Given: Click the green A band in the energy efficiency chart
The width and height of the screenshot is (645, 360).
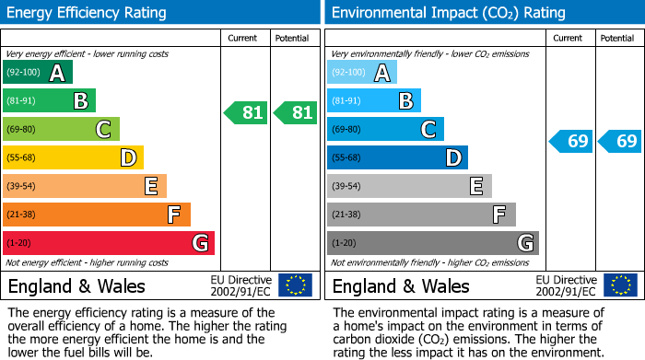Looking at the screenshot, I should (x=38, y=73).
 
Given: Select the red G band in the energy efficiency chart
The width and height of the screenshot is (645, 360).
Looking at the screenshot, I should (x=109, y=243).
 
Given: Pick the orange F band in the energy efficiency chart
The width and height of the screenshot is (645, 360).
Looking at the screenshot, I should (x=97, y=215).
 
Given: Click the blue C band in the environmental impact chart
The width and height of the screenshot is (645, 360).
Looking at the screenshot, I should (x=385, y=129).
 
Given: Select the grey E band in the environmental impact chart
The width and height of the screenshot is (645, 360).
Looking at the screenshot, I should (x=409, y=186).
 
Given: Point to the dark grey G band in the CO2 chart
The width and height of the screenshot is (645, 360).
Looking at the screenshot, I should (x=433, y=243).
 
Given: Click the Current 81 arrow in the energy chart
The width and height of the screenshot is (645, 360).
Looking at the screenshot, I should (x=246, y=113).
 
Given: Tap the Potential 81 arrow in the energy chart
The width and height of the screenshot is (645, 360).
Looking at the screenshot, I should (x=295, y=113).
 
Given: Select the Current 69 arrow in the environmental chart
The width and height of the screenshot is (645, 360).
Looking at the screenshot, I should (x=570, y=142).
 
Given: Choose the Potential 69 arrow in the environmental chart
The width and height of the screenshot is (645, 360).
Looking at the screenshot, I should (x=619, y=142).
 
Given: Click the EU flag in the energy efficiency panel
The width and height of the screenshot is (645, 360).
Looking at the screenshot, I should (x=295, y=285).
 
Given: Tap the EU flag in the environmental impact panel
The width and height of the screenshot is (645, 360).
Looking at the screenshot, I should (x=619, y=285).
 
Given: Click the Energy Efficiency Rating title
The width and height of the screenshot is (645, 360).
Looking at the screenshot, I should (x=88, y=13).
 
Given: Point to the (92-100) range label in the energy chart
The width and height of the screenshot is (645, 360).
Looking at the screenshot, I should (x=23, y=73).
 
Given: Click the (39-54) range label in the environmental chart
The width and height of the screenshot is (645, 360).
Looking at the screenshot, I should (x=347, y=186).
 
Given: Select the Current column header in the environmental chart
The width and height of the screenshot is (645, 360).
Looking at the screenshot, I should (x=569, y=38).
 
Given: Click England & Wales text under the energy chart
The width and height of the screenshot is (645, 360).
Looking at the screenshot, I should (x=76, y=285).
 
